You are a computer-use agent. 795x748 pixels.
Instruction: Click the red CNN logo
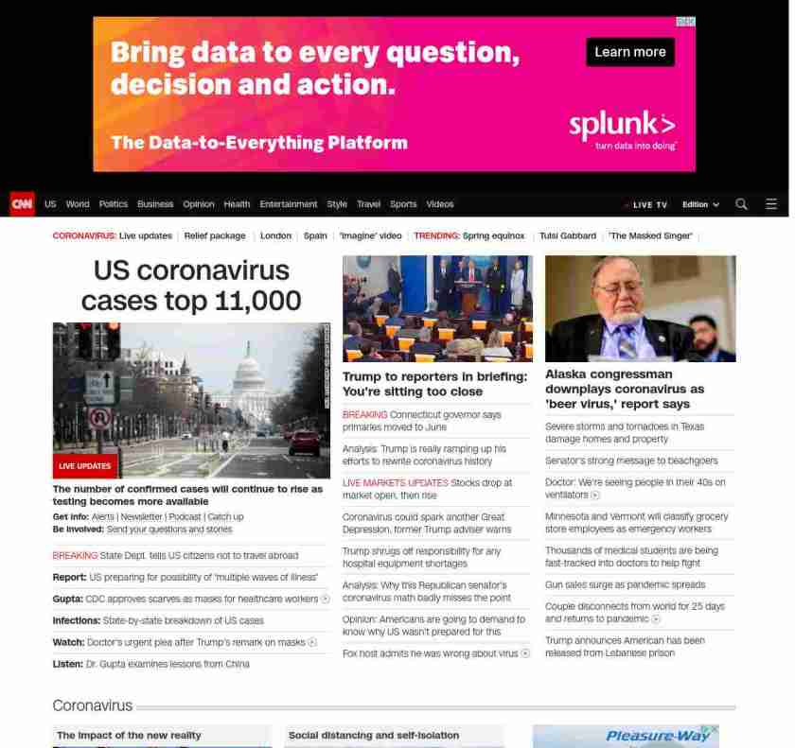point(22,204)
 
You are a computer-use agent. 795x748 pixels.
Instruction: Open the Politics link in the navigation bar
point(113,204)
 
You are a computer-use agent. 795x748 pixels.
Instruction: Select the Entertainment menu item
point(289,204)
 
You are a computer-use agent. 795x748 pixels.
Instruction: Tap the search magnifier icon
point(741,204)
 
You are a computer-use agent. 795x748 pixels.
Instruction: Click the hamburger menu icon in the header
point(771,204)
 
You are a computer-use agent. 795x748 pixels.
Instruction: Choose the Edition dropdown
point(700,204)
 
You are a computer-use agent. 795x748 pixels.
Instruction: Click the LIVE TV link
point(648,205)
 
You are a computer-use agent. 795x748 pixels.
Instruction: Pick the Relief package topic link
point(215,235)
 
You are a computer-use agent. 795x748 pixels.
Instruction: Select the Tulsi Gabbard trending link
point(568,235)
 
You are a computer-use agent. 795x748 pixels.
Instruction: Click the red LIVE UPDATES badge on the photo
point(85,466)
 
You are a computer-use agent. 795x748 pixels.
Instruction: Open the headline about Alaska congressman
point(625,389)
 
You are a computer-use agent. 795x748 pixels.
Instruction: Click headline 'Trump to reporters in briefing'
point(434,384)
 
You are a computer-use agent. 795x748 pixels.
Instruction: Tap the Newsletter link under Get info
point(141,517)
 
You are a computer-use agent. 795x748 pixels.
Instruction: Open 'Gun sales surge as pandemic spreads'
point(625,585)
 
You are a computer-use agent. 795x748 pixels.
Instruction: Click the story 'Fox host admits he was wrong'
point(431,653)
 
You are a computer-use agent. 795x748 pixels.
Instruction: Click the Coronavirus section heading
point(92,706)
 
